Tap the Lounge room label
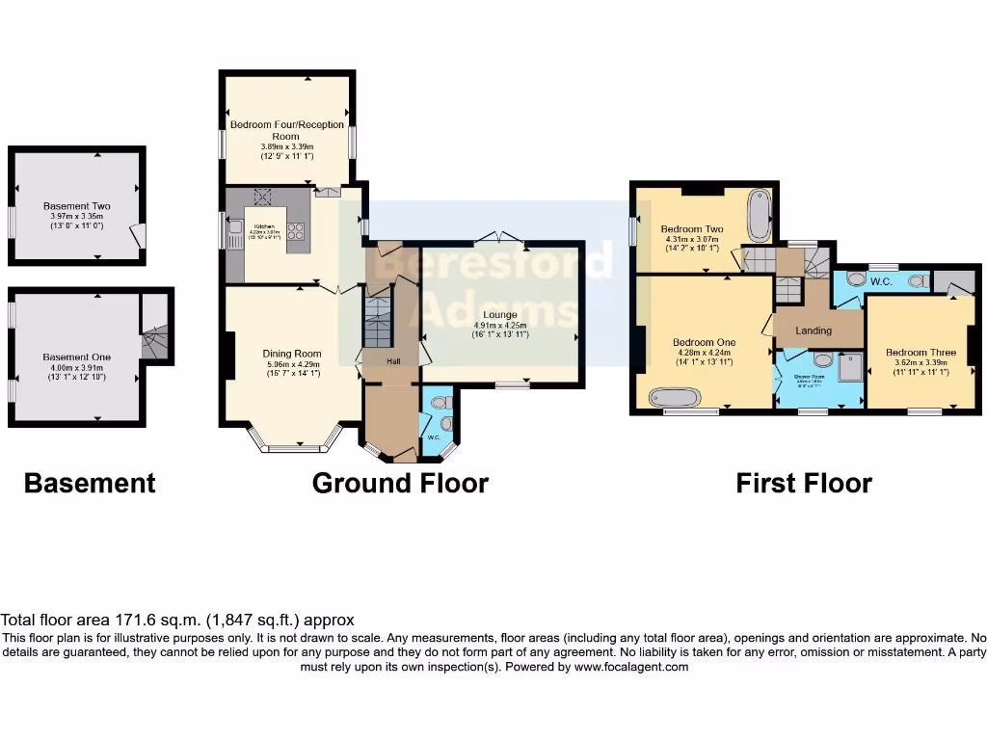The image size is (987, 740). pyautogui.click(x=501, y=315)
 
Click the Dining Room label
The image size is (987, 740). pyautogui.click(x=291, y=354)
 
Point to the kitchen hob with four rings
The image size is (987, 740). pyautogui.click(x=297, y=231)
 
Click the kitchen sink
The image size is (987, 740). pyautogui.click(x=234, y=231)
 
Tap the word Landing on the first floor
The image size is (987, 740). pyautogui.click(x=814, y=330)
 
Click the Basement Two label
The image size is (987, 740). pyautogui.click(x=77, y=206)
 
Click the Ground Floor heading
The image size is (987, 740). pyautogui.click(x=400, y=483)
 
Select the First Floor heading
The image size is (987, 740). pyautogui.click(x=804, y=483)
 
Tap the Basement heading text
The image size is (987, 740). pyautogui.click(x=89, y=483)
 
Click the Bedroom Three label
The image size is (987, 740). pyautogui.click(x=920, y=353)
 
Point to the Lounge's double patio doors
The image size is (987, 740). pyautogui.click(x=503, y=236)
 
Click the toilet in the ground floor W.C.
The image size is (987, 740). pyautogui.click(x=444, y=422)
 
